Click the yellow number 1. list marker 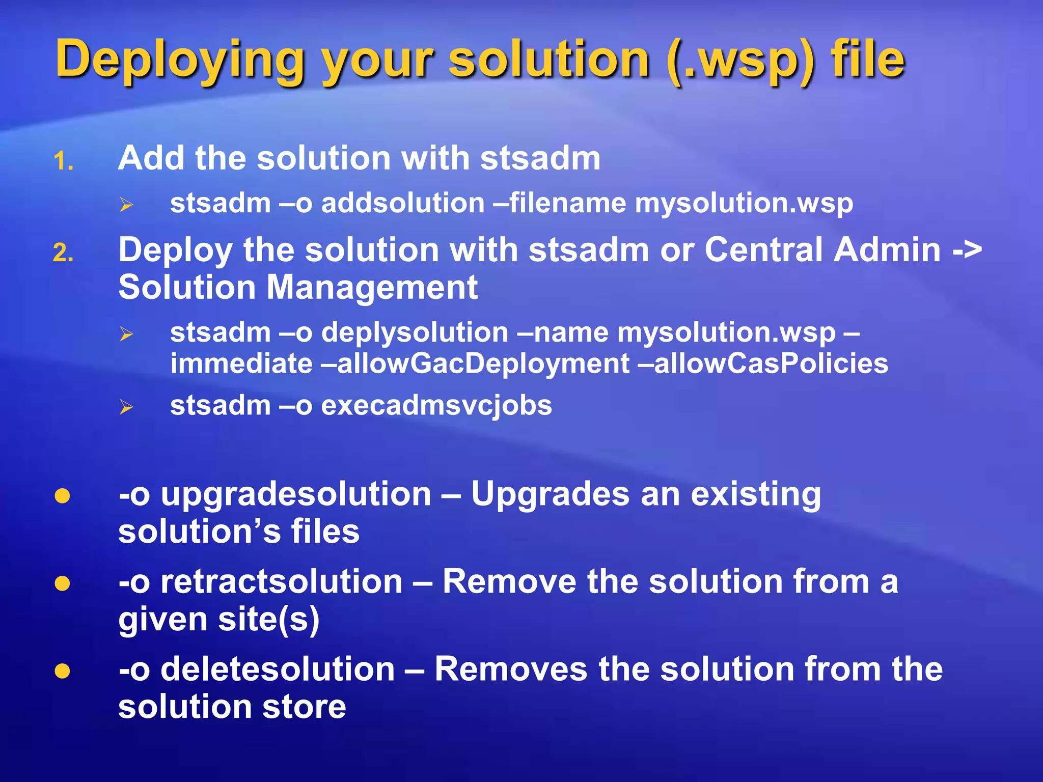[x=64, y=162]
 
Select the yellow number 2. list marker [x=64, y=253]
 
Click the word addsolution [x=403, y=203]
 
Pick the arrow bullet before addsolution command [x=126, y=205]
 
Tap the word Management [x=372, y=287]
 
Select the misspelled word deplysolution [x=415, y=333]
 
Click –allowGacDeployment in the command [x=483, y=364]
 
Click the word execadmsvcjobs [x=436, y=405]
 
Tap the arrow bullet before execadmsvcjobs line [x=126, y=407]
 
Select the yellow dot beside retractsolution [x=62, y=583]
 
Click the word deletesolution [x=278, y=669]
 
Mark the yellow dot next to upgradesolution [x=62, y=496]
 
